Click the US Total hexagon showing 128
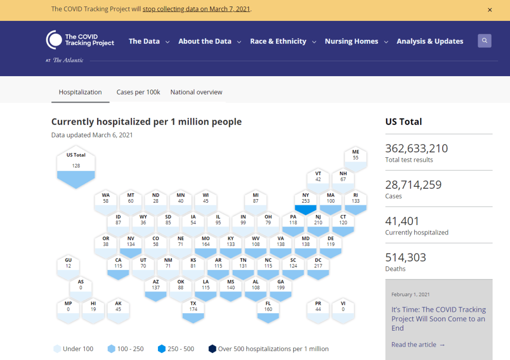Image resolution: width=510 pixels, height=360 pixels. tap(76, 167)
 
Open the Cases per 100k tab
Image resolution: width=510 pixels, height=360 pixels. tap(138, 92)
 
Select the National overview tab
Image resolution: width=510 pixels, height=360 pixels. tap(196, 92)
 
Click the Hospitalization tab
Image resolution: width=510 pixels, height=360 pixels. tap(80, 92)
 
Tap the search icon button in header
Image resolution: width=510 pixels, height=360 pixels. tap(485, 41)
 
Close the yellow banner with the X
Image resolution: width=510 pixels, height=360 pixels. tap(490, 10)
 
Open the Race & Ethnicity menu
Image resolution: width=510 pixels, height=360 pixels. tap(283, 41)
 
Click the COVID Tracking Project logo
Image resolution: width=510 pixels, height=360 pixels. tap(80, 40)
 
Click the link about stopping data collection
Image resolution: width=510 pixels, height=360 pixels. tap(196, 9)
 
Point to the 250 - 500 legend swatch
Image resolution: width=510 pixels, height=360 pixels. tap(161, 349)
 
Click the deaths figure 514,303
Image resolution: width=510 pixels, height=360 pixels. tap(405, 257)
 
